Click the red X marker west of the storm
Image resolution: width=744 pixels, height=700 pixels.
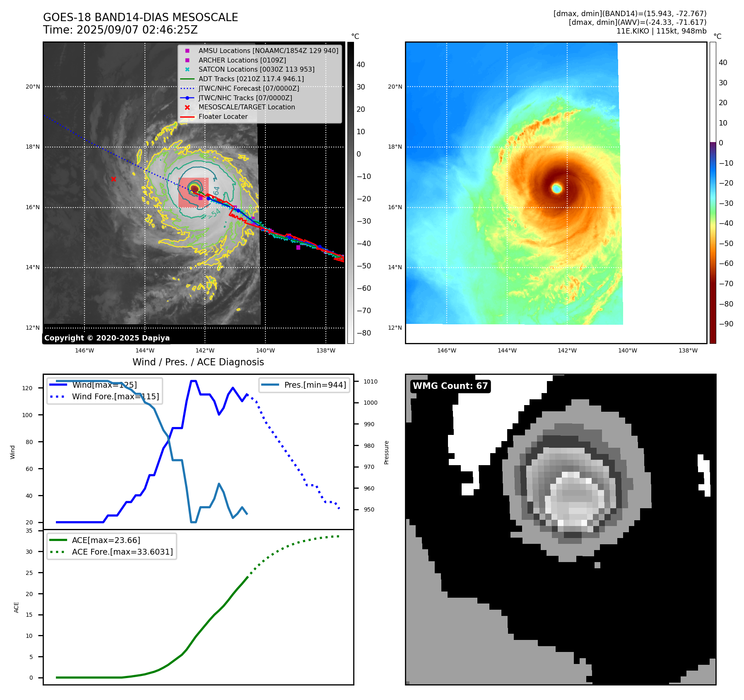click(113, 179)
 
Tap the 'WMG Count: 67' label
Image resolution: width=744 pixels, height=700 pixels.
click(450, 386)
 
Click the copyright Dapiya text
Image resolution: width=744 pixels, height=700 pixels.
click(107, 338)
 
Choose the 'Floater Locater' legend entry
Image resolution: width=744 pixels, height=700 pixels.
click(223, 117)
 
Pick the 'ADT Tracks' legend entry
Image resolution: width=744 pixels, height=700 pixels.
click(251, 79)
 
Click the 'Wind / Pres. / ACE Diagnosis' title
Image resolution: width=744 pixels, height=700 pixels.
click(198, 362)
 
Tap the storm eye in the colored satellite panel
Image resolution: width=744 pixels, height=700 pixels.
click(556, 188)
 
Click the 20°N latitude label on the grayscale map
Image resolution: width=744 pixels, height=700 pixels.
click(33, 87)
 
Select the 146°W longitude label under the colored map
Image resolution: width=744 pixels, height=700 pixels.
click(446, 351)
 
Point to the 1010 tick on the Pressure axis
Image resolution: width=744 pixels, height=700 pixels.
click(371, 381)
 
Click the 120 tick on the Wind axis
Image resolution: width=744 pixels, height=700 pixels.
click(27, 388)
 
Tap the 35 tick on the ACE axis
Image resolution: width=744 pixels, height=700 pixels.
click(29, 531)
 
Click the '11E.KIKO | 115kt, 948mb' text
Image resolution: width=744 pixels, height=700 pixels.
click(661, 31)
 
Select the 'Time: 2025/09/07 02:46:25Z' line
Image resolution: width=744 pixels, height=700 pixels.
click(120, 30)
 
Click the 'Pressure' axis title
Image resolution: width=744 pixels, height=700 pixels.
click(386, 452)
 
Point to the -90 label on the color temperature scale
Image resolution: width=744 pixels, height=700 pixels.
click(726, 324)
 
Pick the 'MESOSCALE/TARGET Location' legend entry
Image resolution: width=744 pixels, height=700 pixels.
click(246, 107)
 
